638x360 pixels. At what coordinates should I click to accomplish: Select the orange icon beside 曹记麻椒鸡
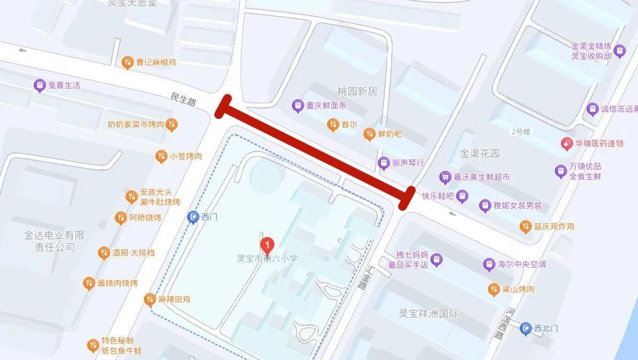pos(127,63)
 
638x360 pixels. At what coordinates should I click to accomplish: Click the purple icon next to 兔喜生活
pos(39,85)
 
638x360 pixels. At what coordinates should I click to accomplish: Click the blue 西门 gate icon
pos(193,217)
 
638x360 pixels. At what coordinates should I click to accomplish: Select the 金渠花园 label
pos(480,153)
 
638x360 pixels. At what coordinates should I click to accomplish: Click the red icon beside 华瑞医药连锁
pos(566,143)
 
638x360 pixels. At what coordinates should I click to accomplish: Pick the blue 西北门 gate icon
pos(525,329)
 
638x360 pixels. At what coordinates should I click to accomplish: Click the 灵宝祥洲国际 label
pos(428,313)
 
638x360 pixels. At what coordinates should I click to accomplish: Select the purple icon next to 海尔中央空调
pos(489,264)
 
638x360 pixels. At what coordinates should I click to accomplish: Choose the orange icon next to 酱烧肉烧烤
pos(89,283)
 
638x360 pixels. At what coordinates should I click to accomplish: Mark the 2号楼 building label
pos(521,130)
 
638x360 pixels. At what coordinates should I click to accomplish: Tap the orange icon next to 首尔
pos(333,124)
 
